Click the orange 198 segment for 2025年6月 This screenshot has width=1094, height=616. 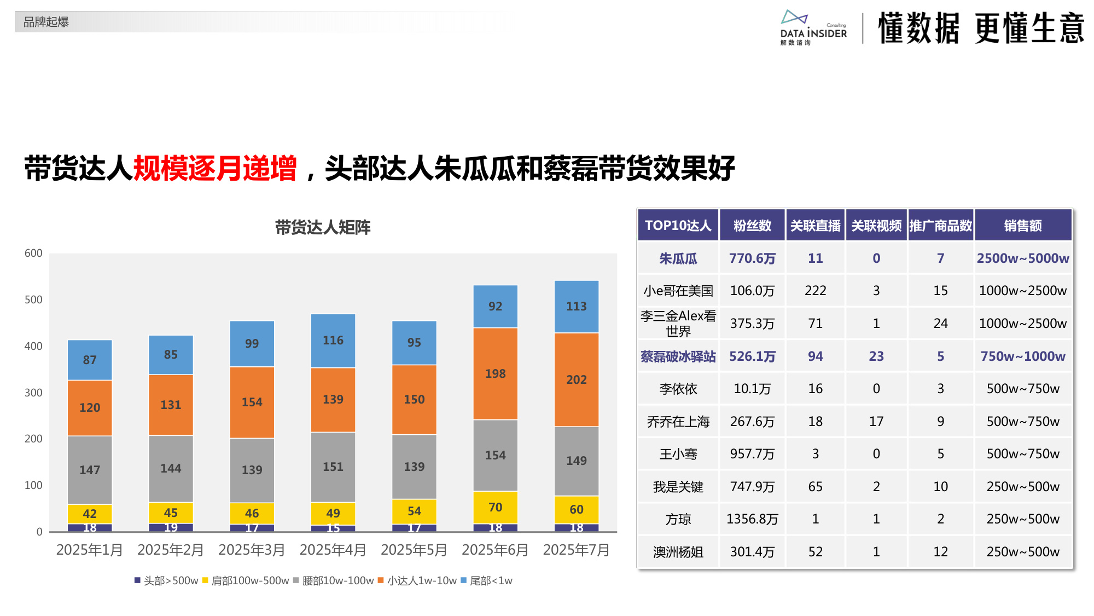[x=495, y=373]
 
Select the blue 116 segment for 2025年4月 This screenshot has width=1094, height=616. [x=333, y=340]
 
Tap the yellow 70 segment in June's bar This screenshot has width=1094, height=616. [x=495, y=507]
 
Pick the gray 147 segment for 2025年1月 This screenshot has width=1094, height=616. [x=90, y=469]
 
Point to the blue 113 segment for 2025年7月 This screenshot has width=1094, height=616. [x=576, y=306]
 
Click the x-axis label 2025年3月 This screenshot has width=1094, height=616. [x=252, y=550]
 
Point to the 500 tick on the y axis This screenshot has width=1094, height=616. [x=33, y=300]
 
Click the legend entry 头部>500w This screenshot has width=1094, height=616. [x=166, y=580]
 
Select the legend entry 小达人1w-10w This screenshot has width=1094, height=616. [x=417, y=580]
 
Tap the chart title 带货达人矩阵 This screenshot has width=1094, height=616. [x=322, y=227]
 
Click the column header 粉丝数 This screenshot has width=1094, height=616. [x=752, y=225]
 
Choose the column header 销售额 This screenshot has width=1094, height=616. [x=1022, y=225]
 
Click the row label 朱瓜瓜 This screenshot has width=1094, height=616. [x=678, y=258]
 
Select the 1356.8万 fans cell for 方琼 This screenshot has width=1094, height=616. [x=752, y=519]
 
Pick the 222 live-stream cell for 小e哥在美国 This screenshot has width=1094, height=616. [x=815, y=290]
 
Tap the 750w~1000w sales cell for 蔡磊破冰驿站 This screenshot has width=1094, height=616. [x=1022, y=356]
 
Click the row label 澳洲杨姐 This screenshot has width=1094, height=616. [x=678, y=551]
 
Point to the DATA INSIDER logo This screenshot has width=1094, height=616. [x=813, y=27]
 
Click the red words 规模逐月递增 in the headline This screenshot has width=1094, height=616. [x=215, y=168]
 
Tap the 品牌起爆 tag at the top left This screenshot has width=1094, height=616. [x=46, y=22]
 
